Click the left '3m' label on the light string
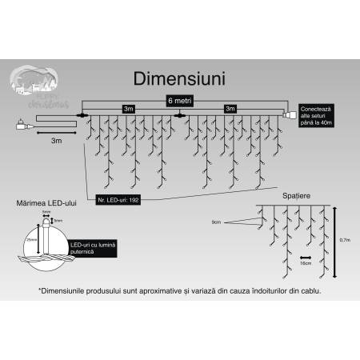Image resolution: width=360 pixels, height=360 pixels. pos(128,108)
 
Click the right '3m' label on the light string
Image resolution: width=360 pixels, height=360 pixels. pos(230,108)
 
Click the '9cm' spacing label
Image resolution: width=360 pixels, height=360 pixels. pos(216,221)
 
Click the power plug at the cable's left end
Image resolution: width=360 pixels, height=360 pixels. pos(21,123)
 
